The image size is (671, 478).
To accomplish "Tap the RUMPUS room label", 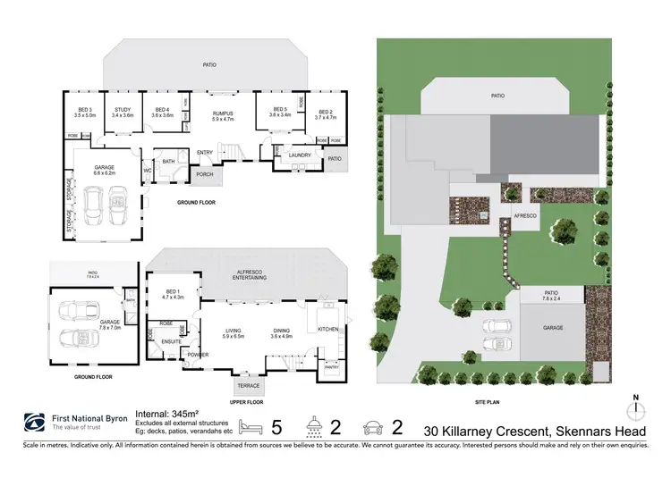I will coord(222,111).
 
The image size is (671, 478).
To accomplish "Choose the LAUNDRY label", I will coord(300,155).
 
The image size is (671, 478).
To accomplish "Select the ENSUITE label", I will coord(173,341).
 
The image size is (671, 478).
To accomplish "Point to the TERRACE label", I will coord(247,385).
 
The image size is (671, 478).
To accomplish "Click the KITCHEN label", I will coord(329,330).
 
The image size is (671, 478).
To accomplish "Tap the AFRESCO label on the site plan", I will coord(525,215).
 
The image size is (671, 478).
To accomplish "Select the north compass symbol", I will coord(635,408).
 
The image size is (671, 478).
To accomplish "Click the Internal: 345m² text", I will coord(166,413).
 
